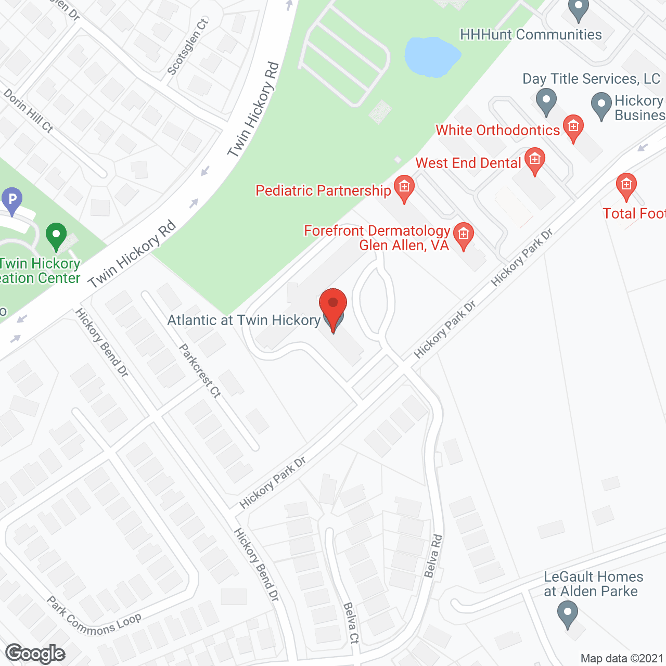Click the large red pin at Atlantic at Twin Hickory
click(333, 304)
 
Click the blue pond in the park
click(432, 56)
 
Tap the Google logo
click(35, 654)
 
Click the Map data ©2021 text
click(622, 659)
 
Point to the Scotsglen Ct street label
click(188, 46)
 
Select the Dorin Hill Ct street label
click(29, 110)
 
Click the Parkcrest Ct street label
click(200, 370)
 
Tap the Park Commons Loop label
click(94, 617)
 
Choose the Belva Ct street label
click(351, 622)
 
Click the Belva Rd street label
click(432, 556)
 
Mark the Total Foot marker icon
click(626, 185)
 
